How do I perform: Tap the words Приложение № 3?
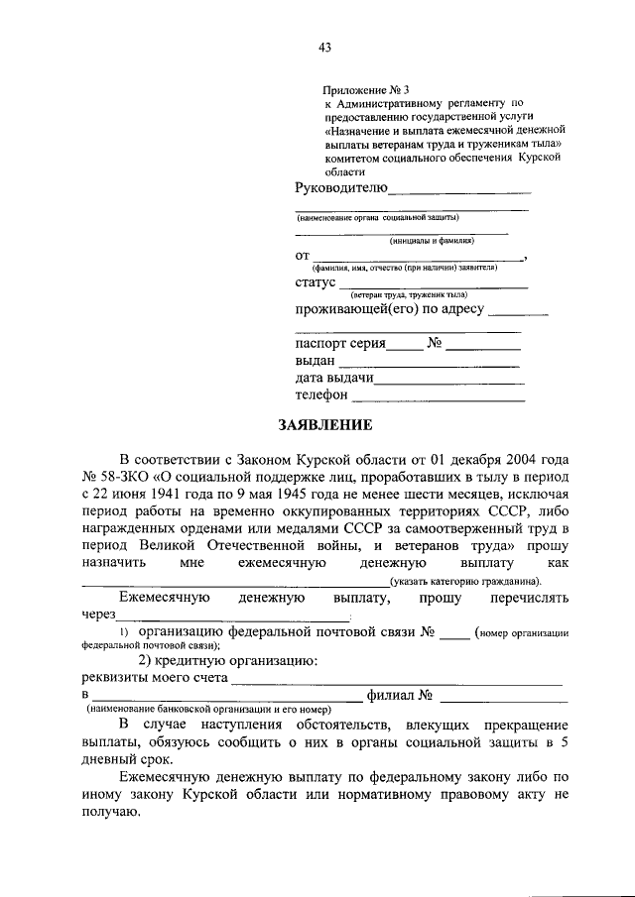tap(366, 89)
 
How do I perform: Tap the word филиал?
tap(389, 695)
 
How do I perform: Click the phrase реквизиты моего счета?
tap(153, 678)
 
